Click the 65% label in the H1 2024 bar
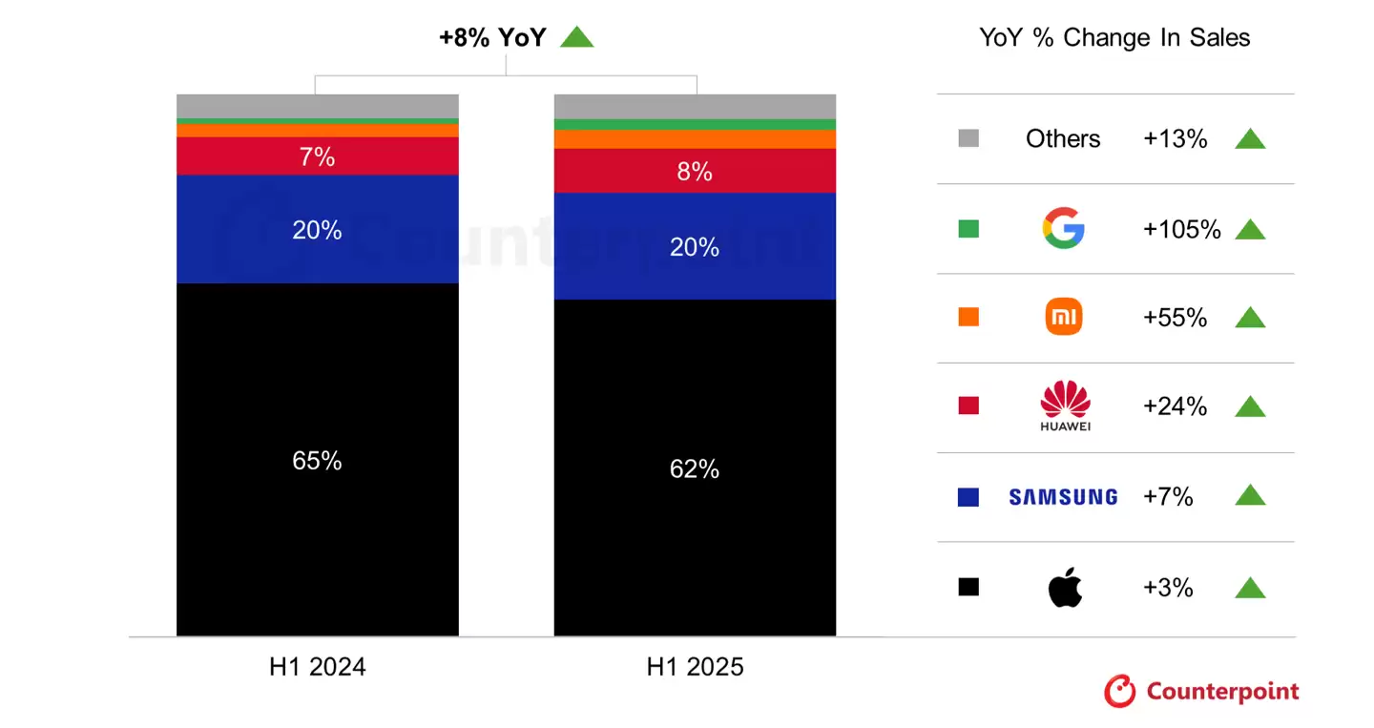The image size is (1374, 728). click(x=317, y=461)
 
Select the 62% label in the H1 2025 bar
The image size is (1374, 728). click(x=695, y=469)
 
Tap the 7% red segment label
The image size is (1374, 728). click(x=317, y=157)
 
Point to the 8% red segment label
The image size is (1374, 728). click(x=695, y=172)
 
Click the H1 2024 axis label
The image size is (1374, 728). click(x=317, y=667)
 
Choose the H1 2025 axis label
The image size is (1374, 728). click(x=695, y=667)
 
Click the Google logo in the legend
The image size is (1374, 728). click(x=1063, y=229)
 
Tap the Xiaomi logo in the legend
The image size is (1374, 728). click(x=1063, y=317)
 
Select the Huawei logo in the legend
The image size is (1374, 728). click(x=1064, y=405)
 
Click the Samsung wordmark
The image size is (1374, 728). click(x=1063, y=496)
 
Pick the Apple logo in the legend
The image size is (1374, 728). click(x=1065, y=587)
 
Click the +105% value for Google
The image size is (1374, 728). click(x=1181, y=229)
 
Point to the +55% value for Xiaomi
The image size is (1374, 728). click(x=1175, y=318)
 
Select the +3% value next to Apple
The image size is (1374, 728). click(x=1168, y=588)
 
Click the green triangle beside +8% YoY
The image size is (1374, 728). click(x=576, y=37)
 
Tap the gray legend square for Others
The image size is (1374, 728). click(x=968, y=138)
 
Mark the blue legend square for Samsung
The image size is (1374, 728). click(x=968, y=496)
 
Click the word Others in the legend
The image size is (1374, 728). click(x=1063, y=138)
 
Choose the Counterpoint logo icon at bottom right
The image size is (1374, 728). click(x=1120, y=692)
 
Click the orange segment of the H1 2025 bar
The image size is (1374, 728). click(x=695, y=139)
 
